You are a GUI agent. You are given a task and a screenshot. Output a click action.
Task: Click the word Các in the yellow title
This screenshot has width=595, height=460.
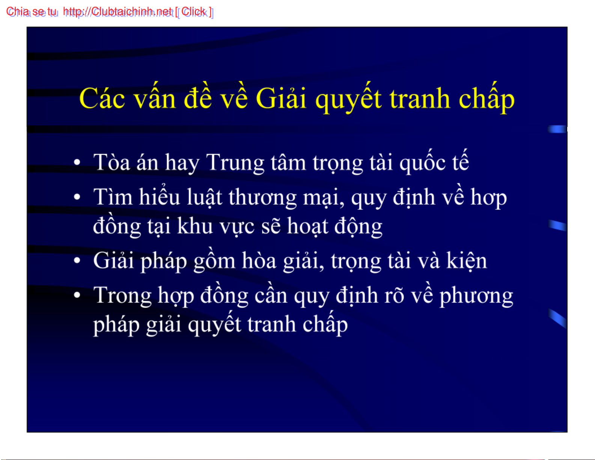[102, 98]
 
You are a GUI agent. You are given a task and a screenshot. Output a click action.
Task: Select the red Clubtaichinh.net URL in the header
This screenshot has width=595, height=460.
[117, 12]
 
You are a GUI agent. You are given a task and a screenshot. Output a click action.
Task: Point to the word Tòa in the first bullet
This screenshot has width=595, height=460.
[111, 162]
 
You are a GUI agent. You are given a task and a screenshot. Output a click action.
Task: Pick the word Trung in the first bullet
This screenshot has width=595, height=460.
[235, 163]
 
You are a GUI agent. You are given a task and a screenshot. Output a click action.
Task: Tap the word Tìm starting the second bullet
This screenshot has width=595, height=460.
[113, 196]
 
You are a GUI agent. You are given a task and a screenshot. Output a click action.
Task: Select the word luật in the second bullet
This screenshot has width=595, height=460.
[204, 197]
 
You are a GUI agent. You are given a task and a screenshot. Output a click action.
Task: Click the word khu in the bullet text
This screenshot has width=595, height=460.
[195, 226]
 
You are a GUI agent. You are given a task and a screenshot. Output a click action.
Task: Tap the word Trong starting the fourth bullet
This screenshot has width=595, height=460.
[122, 296]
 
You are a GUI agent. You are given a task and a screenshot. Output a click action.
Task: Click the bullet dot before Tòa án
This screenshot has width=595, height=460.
[77, 162]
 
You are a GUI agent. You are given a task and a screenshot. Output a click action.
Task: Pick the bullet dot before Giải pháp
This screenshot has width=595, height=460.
[77, 260]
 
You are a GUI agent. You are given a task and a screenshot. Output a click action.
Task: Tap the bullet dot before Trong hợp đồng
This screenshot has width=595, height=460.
[77, 295]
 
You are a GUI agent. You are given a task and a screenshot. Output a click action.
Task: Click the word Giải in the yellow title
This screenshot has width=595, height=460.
[281, 98]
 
